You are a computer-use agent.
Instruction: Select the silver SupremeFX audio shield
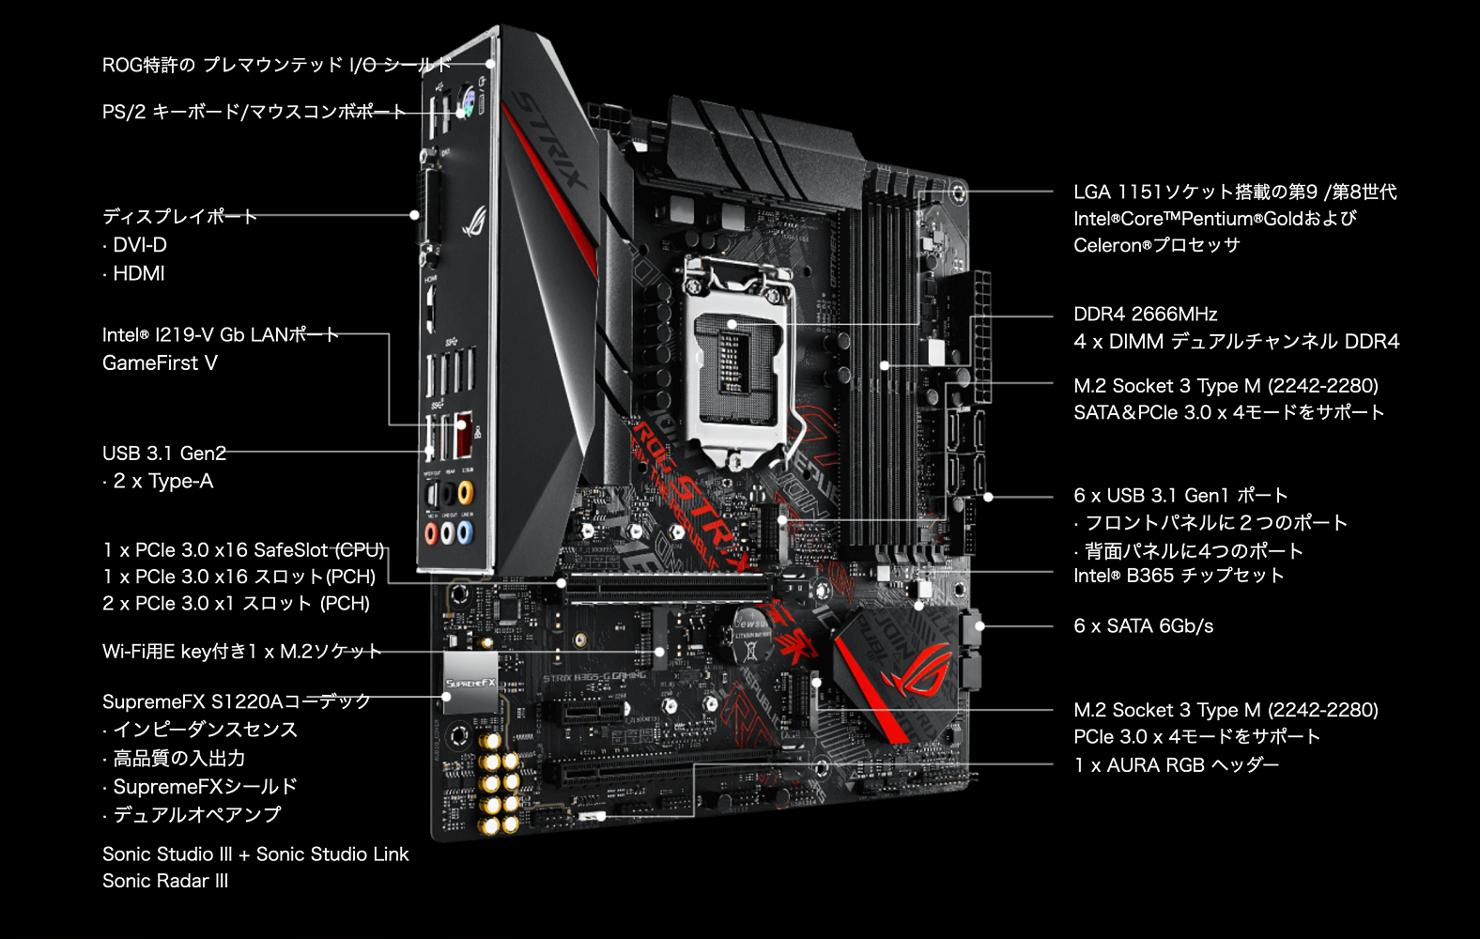coord(470,683)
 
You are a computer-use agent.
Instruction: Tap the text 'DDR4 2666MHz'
coord(1145,315)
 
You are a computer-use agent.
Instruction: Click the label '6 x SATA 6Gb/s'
coord(1143,626)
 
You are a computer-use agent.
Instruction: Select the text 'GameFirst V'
coord(160,363)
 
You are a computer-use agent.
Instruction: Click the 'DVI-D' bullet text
coord(139,245)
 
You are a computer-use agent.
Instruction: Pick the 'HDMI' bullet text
coord(138,274)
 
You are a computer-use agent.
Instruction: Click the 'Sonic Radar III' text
coord(165,882)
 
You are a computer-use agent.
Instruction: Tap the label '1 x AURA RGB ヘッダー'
coord(1176,765)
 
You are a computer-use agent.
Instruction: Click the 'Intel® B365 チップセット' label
coord(1178,576)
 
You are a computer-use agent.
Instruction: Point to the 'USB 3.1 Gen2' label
coord(164,454)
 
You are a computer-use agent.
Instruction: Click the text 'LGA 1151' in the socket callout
coord(1118,192)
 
